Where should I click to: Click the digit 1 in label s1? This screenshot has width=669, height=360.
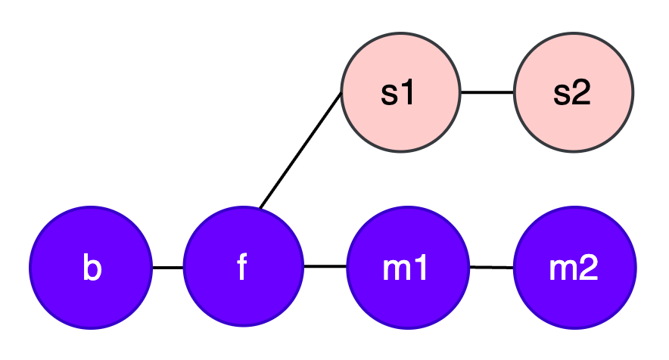(x=409, y=92)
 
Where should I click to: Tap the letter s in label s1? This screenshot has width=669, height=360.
(x=389, y=94)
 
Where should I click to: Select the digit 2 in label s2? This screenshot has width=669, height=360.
(x=581, y=92)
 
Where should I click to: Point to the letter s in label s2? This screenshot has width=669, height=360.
(x=562, y=94)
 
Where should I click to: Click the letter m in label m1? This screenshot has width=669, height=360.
(x=396, y=270)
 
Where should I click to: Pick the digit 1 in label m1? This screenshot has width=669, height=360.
(x=421, y=268)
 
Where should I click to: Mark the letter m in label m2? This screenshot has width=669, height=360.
(x=562, y=270)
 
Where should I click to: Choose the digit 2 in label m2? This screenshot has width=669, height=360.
(x=588, y=268)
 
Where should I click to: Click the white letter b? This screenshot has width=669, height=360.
(x=92, y=268)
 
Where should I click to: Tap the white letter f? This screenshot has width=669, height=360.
(x=242, y=267)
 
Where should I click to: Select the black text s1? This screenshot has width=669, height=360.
(x=398, y=92)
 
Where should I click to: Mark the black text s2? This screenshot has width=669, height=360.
(x=571, y=92)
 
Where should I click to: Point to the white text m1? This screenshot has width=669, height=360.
(x=406, y=268)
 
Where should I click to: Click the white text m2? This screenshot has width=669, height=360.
(x=574, y=268)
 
